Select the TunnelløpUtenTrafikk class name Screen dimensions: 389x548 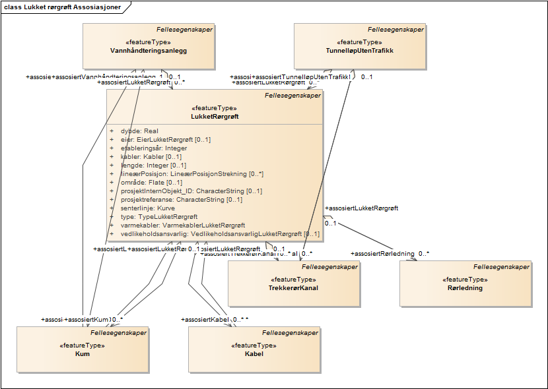pos(360,51)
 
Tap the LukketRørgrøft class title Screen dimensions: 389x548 pos(215,117)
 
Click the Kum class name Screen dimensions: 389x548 pos(83,354)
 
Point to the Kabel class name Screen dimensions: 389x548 pos(254,354)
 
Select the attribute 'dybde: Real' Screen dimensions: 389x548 pos(139,131)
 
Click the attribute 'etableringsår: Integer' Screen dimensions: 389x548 pos(154,148)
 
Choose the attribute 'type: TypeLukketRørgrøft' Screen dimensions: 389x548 pos(158,217)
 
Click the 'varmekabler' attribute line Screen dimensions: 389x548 pos(182,225)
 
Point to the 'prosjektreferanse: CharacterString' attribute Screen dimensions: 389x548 pos(181,200)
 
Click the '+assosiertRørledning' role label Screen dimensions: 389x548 pos(384,253)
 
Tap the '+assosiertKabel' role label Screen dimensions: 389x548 pos(205,320)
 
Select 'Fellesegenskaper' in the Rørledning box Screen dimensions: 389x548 pos(501,267)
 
